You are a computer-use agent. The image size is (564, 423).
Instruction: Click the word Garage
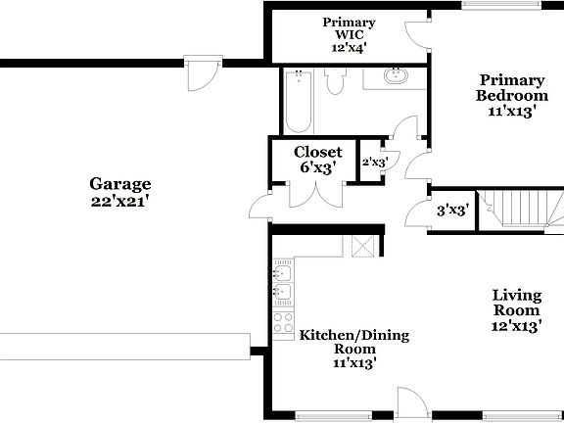pos(120,183)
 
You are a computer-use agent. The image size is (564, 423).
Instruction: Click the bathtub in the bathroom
pos(298,102)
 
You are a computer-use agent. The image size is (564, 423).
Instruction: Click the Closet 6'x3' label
pos(318,160)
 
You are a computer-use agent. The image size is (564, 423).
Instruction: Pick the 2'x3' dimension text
pos(375,164)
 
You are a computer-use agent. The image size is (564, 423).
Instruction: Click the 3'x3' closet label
pos(452,210)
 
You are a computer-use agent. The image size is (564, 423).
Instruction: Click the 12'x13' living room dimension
pos(518,327)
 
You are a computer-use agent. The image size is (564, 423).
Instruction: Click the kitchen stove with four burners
pos(283,323)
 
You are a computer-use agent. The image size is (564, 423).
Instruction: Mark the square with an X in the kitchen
pos(363,246)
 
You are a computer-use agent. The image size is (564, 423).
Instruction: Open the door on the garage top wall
pos(201,74)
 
